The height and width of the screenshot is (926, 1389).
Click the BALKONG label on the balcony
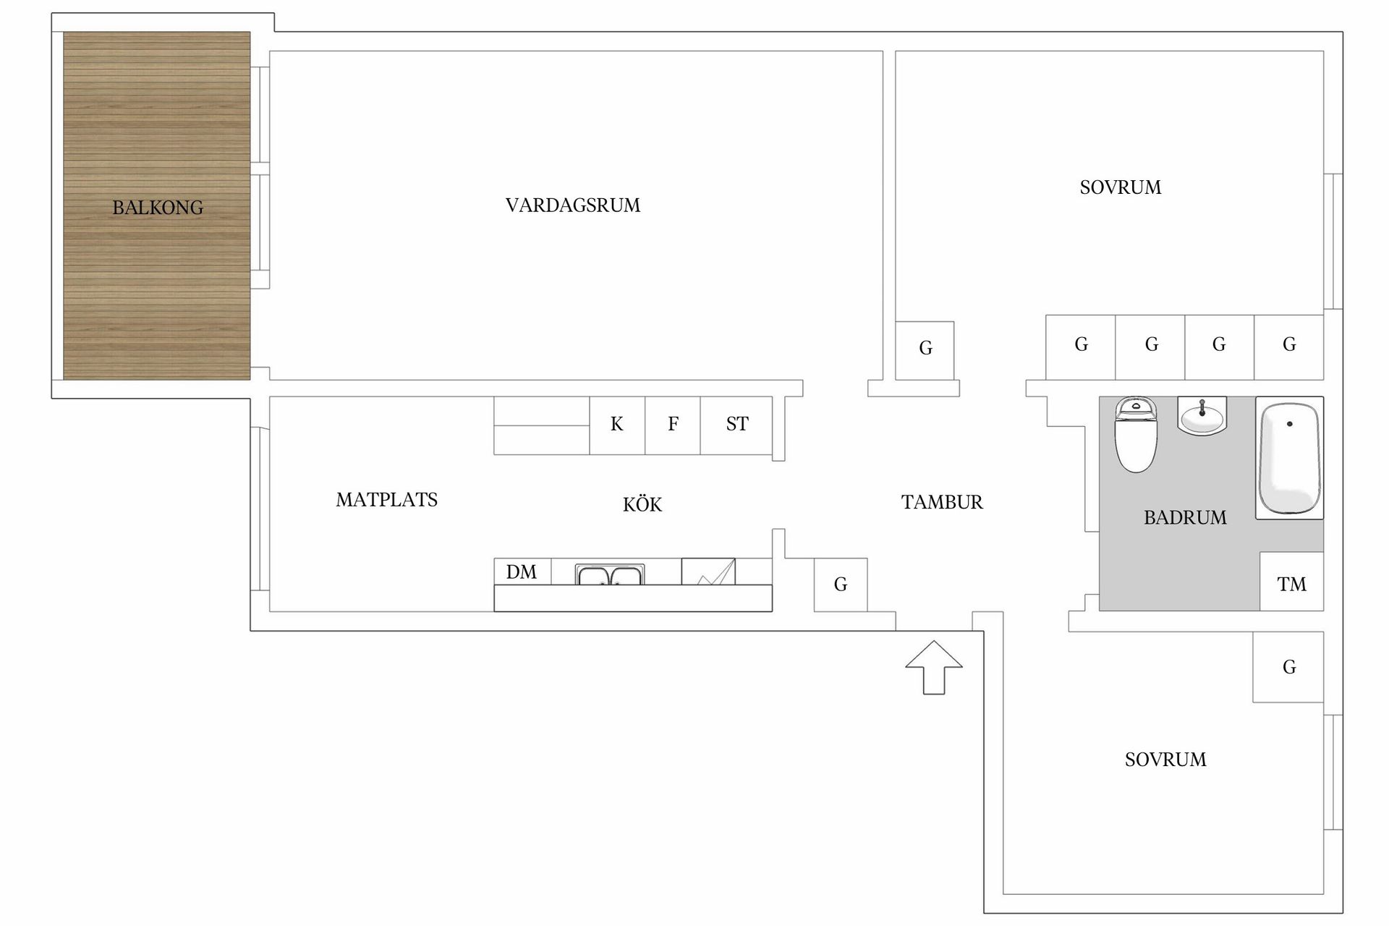pos(158,208)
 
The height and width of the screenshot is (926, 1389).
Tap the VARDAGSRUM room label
pos(573,205)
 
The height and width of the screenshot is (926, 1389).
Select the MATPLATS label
pos(387,500)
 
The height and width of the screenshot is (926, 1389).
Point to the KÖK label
pos(642,504)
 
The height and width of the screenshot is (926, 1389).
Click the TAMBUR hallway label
pos(942,502)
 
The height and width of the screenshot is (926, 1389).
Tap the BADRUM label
pos(1185,517)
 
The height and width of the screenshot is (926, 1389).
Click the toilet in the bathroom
pos(1136,434)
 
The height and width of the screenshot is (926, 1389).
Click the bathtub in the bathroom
pos(1289,458)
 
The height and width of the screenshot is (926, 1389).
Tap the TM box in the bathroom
pos(1292,582)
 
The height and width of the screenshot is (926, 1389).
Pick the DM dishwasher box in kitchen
pos(522,572)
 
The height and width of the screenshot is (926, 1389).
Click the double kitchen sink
pos(609,575)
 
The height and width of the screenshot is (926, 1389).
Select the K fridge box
pos(617,425)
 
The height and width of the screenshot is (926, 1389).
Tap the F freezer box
pos(673,425)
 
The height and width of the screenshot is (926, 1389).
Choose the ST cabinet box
pos(736,425)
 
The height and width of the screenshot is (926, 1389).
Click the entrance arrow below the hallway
pos(934,667)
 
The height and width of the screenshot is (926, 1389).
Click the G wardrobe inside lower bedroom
pos(1288,667)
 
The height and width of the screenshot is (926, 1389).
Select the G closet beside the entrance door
pos(841,585)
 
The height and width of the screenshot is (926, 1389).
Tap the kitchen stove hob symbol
pos(708,572)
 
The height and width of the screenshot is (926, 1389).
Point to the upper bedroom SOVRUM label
pos(1121,188)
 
